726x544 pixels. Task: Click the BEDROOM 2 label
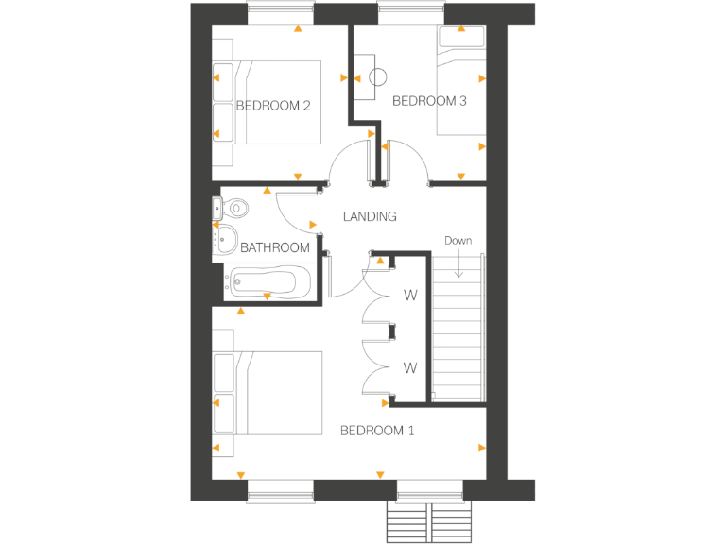(273, 106)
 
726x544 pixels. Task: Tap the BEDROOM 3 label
(429, 100)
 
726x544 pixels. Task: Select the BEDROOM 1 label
(377, 431)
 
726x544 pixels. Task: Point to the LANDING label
(369, 216)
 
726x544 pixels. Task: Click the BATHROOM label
(274, 248)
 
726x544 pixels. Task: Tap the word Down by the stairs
(458, 241)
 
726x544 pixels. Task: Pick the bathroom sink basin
(226, 240)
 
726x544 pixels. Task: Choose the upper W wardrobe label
(410, 296)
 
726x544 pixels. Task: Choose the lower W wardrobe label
(410, 366)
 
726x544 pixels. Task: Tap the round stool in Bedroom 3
(380, 79)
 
